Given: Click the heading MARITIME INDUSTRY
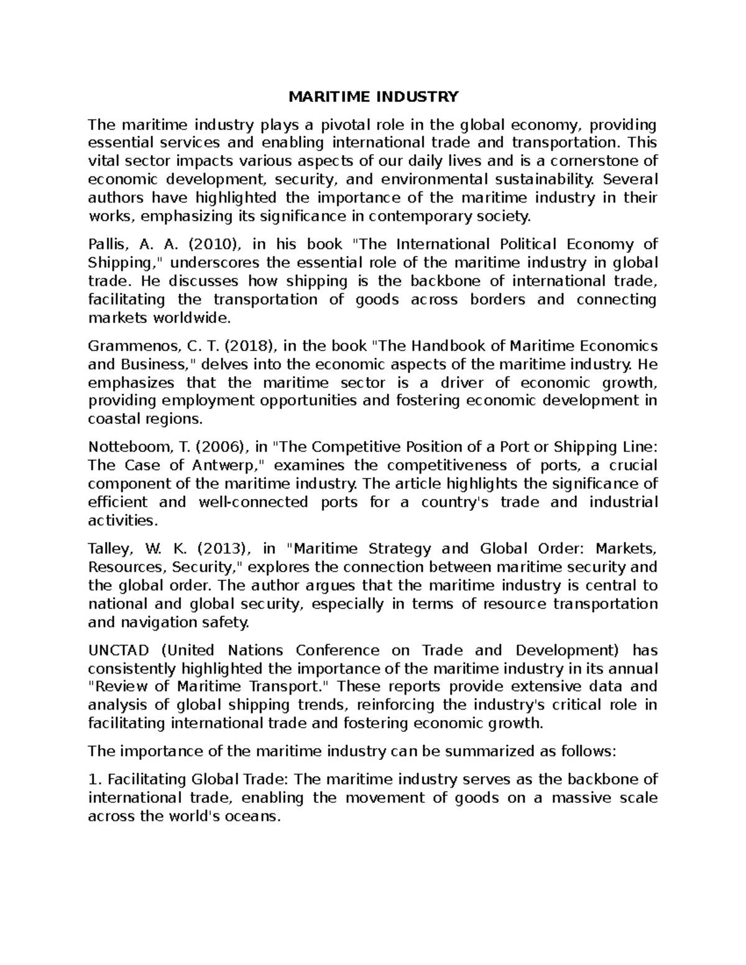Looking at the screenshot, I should pyautogui.click(x=372, y=96).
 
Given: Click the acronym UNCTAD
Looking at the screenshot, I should pyautogui.click(x=119, y=650).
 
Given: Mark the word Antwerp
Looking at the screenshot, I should pyautogui.click(x=229, y=465).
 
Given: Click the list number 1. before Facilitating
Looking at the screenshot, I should pyautogui.click(x=94, y=779).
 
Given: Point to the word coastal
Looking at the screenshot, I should pyautogui.click(x=114, y=419).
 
